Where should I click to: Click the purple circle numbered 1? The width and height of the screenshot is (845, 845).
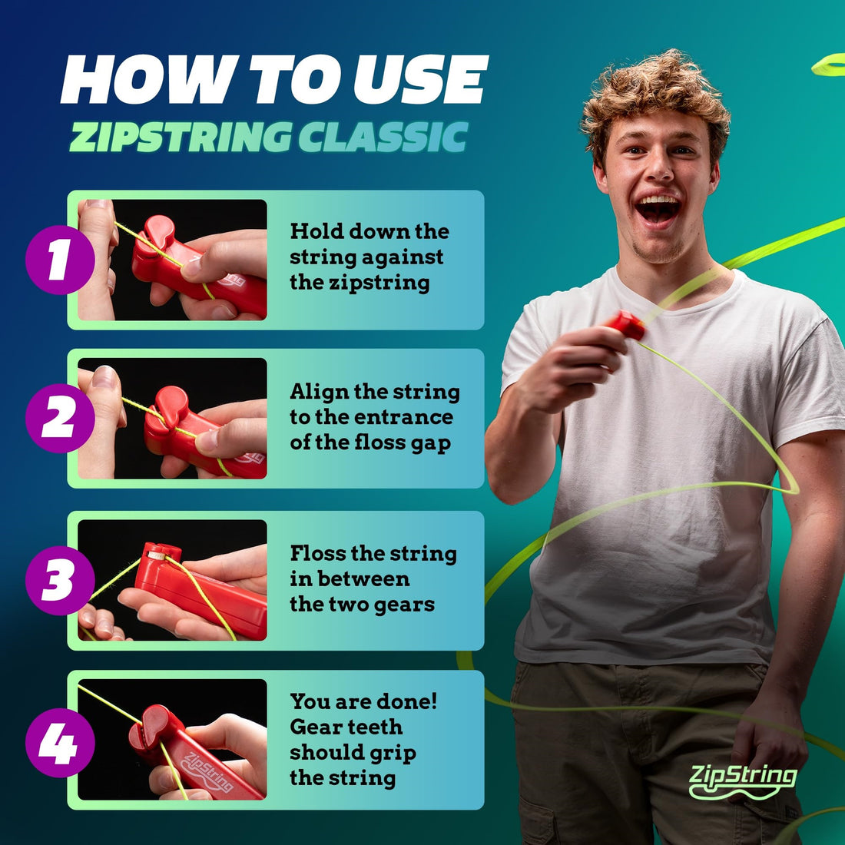tap(59, 260)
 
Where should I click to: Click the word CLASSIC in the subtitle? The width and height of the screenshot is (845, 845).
tap(383, 138)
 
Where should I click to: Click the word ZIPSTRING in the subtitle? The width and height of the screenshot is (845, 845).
tap(180, 138)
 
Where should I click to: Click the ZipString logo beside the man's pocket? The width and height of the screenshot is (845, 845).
tap(742, 779)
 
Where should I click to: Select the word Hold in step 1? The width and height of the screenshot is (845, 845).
tap(316, 231)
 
